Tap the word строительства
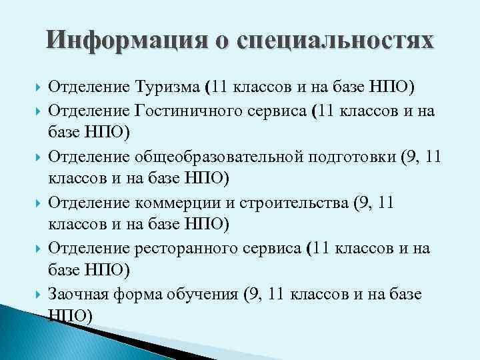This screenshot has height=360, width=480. [x=301, y=202]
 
